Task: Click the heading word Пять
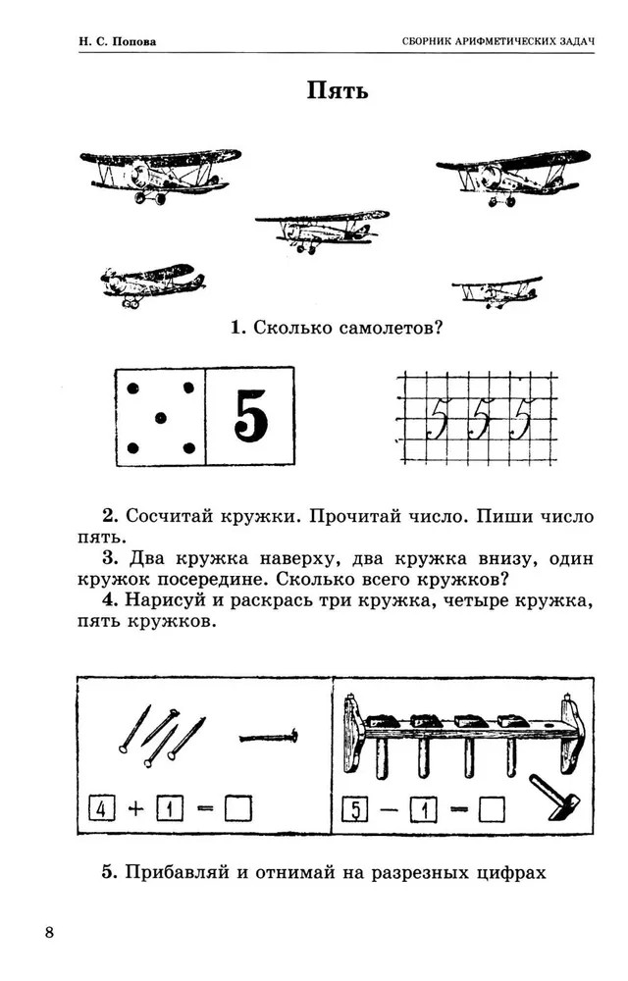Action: coord(338,93)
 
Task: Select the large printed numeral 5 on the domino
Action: coord(250,418)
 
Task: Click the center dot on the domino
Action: coord(160,418)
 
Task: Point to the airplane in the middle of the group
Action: coord(322,228)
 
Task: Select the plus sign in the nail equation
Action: coord(135,808)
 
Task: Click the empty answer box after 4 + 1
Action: coord(237,808)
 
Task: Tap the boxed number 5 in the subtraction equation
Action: coord(355,810)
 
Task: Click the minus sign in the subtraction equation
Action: coord(390,810)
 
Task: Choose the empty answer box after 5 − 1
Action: coord(492,810)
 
